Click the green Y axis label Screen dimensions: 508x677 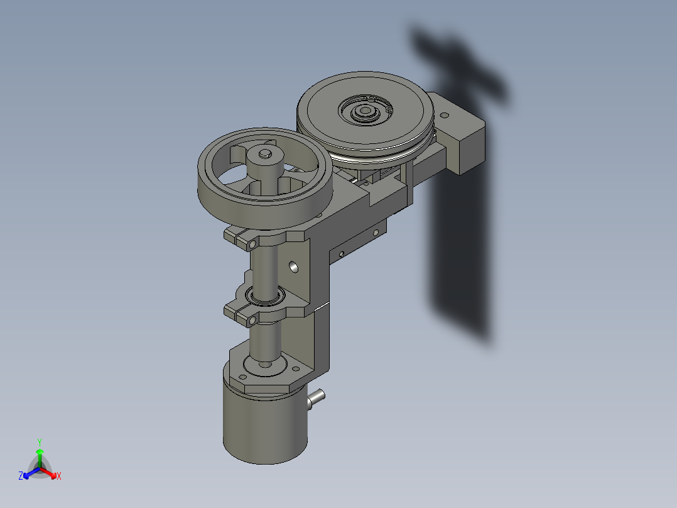pos(39,442)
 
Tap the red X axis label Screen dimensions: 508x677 pos(58,477)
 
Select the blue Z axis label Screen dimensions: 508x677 pos(21,477)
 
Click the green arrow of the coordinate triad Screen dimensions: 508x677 pos(39,454)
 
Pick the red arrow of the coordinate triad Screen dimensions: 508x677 pos(50,473)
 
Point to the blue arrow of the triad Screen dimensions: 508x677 pos(29,473)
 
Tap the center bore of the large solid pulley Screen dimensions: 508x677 pos(363,112)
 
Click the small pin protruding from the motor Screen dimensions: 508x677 pos(317,397)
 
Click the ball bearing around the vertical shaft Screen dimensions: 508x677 pos(266,295)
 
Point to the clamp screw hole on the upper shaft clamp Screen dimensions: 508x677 pos(252,243)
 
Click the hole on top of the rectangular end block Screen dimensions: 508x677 pos(445,116)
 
